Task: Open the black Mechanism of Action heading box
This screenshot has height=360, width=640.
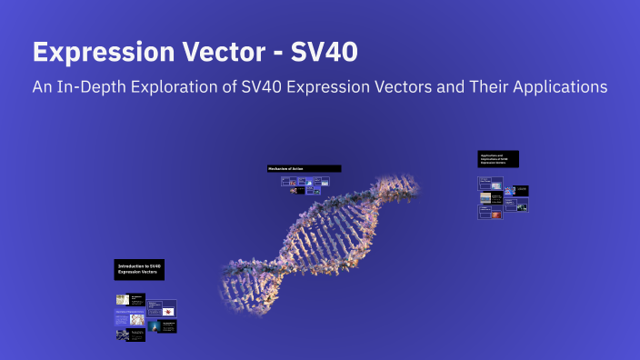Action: pyautogui.click(x=304, y=168)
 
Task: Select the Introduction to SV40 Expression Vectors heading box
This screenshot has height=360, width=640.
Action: pyautogui.click(x=139, y=269)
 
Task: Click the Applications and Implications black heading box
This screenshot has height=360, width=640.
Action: pyautogui.click(x=498, y=159)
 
